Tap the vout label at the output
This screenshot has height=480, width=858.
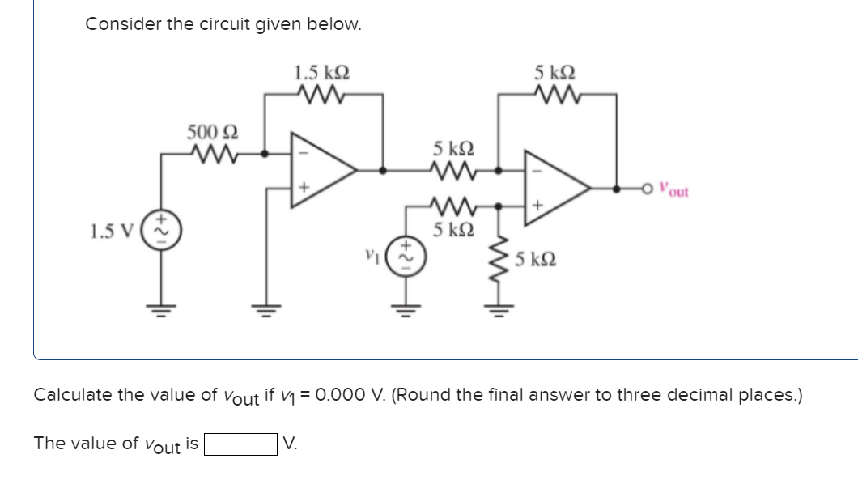pos(673,191)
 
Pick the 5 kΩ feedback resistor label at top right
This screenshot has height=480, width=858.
pos(556,71)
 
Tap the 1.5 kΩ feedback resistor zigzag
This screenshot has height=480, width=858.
pos(322,93)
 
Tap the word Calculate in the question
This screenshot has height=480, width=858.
pos(72,395)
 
